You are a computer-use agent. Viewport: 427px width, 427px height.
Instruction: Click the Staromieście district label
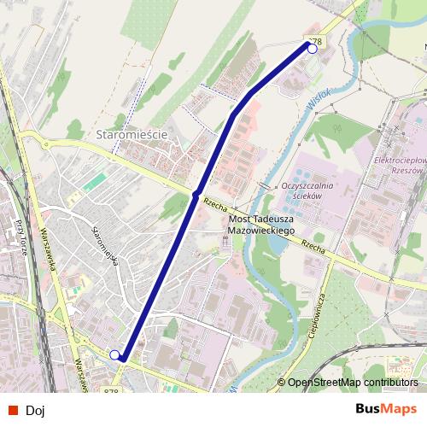click(130, 135)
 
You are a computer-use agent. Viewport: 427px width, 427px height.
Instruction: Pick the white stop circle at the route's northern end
click(312, 49)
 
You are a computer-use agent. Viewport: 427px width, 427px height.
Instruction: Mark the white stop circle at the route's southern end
click(115, 354)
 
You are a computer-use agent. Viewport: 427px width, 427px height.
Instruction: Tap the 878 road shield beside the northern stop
click(313, 40)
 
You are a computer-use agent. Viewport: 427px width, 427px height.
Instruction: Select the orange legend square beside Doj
click(11, 410)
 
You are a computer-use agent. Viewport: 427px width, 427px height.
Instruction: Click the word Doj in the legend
click(35, 410)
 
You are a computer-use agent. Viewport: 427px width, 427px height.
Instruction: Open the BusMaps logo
click(386, 409)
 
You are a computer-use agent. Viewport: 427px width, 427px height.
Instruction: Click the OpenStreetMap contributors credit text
click(353, 383)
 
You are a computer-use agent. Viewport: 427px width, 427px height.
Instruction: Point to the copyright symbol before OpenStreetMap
click(281, 383)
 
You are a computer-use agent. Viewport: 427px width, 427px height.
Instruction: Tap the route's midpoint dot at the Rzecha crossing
click(196, 195)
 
